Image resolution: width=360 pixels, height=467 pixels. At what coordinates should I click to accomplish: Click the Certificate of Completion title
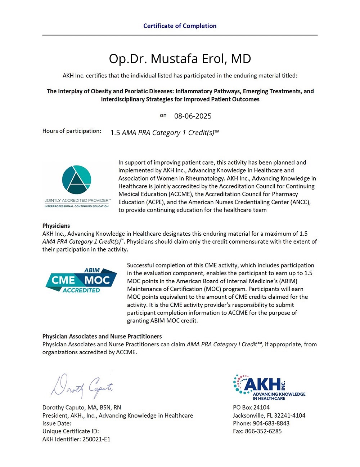tap(180, 26)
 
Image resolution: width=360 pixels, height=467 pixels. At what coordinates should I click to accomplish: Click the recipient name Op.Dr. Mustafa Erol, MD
tap(180, 59)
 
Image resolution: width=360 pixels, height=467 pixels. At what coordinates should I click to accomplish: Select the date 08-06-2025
tap(193, 116)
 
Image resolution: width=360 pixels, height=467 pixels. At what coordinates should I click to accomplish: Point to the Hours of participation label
tap(72, 131)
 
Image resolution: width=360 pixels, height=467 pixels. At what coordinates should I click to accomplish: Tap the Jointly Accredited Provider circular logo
tap(76, 179)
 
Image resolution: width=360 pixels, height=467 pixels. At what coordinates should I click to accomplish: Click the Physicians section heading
tap(56, 226)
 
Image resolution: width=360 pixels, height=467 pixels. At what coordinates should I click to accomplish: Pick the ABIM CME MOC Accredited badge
tap(81, 280)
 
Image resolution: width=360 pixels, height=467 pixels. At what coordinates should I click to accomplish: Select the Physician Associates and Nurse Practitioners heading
tap(102, 336)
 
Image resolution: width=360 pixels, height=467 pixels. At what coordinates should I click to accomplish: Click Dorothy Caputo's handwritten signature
tap(82, 387)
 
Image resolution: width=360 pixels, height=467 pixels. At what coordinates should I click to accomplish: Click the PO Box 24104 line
tap(251, 407)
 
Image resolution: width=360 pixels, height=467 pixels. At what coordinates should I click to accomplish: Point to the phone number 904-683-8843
tap(271, 423)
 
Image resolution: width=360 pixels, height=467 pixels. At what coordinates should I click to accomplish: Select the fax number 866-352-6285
tap(263, 431)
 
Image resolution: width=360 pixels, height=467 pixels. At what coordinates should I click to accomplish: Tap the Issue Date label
tap(57, 423)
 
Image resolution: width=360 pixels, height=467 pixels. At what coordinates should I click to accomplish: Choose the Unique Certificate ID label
tap(71, 431)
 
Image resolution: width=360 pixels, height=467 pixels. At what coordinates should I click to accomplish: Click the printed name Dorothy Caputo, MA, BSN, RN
tap(82, 407)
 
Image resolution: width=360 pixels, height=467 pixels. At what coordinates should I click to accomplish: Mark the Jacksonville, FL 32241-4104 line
tap(269, 415)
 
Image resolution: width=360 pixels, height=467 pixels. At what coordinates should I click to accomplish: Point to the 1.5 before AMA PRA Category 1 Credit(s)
tap(115, 133)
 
